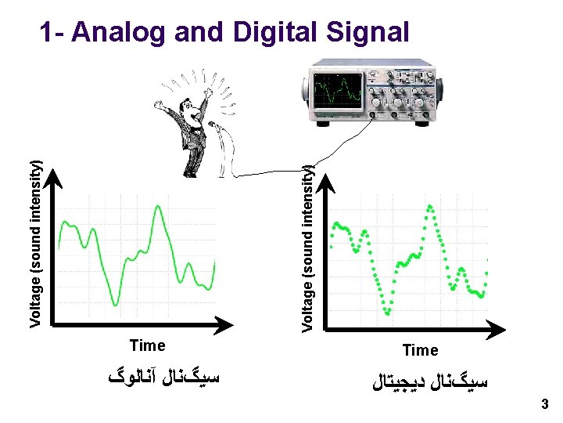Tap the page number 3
(x=545, y=404)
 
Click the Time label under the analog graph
(x=147, y=345)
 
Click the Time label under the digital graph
(x=420, y=350)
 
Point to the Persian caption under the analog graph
(x=163, y=378)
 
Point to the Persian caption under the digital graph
(x=431, y=383)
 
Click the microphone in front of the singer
(x=213, y=124)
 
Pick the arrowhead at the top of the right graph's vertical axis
(x=326, y=182)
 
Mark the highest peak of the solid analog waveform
(x=158, y=207)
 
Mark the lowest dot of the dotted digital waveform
(x=388, y=313)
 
